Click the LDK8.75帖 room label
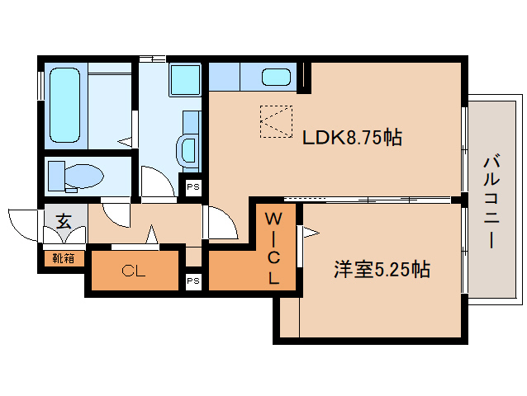[x=351, y=138]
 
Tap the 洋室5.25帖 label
[x=381, y=269]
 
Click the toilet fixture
[x=78, y=175]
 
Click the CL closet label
[x=133, y=271]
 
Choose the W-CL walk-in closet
[x=273, y=248]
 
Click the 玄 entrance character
[x=64, y=220]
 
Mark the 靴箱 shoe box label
[x=64, y=258]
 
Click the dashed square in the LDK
[x=276, y=122]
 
